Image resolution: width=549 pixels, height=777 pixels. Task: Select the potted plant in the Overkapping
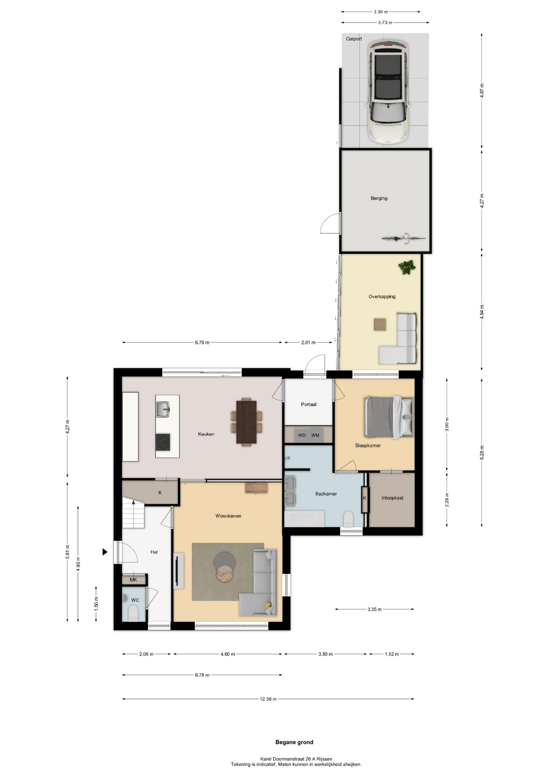pos(407,267)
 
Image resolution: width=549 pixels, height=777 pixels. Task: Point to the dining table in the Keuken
pos(246,422)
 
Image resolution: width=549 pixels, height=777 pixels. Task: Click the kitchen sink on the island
pos(163,409)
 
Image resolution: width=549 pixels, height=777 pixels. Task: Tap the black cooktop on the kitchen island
pos(163,442)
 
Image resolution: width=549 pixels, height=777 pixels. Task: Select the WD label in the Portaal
pos(302,435)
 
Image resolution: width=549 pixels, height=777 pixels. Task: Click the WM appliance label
pos(315,435)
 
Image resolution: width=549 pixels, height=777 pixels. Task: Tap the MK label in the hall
pos(133,580)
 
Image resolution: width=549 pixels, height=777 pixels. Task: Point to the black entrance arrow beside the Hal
pos(105,552)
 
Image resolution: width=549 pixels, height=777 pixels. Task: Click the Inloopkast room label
pos(392,498)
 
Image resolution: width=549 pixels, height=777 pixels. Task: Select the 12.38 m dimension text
pos(268,699)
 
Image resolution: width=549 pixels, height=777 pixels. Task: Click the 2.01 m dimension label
pos(308,342)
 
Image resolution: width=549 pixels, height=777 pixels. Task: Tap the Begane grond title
pos(294,742)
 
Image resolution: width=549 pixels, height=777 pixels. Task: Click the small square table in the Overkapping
pos(380,324)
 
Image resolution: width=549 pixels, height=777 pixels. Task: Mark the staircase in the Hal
pos(133,513)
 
